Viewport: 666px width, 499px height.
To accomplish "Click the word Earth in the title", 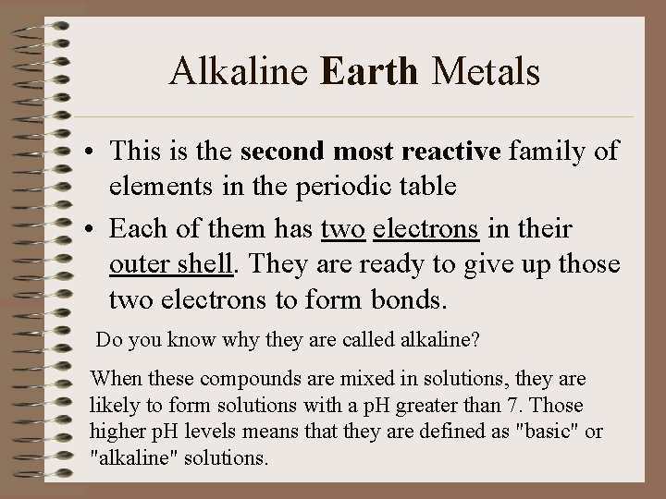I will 371,71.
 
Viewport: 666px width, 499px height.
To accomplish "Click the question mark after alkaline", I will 475,339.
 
